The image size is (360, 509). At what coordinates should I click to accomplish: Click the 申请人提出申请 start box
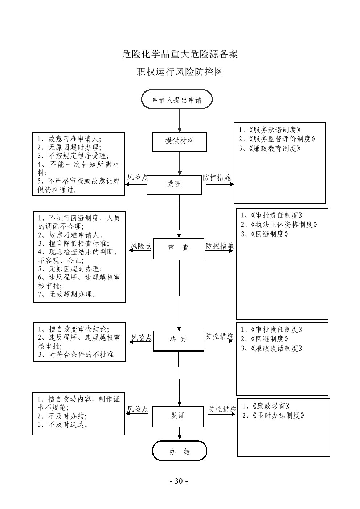pyautogui.click(x=177, y=100)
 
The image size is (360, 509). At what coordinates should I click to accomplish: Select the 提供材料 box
pyautogui.click(x=179, y=141)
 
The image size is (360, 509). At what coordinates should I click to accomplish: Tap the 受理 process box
pyautogui.click(x=174, y=184)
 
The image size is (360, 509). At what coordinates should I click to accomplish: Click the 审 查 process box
pyautogui.click(x=178, y=248)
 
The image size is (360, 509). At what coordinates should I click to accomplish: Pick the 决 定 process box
pyautogui.click(x=178, y=340)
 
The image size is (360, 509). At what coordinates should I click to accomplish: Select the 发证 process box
pyautogui.click(x=177, y=416)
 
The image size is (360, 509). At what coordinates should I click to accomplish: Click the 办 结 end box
pyautogui.click(x=179, y=452)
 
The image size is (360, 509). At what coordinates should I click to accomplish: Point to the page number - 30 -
pyautogui.click(x=179, y=481)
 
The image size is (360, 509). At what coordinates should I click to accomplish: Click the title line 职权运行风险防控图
pyautogui.click(x=180, y=72)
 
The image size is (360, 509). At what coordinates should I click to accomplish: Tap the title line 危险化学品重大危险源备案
pyautogui.click(x=180, y=54)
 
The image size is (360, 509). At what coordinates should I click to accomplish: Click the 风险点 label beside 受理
pyautogui.click(x=137, y=178)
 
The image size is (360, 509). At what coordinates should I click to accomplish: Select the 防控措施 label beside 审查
pyautogui.click(x=219, y=246)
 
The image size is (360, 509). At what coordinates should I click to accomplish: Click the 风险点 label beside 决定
pyautogui.click(x=141, y=338)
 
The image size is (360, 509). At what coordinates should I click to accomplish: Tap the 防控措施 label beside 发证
pyautogui.click(x=222, y=410)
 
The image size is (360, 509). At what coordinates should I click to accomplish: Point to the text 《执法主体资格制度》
pyautogui.click(x=284, y=225)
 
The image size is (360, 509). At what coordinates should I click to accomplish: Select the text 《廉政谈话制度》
pyautogui.click(x=277, y=348)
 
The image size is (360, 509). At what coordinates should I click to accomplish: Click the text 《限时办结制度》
pyautogui.click(x=278, y=415)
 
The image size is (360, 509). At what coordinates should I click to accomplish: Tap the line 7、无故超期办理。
pyautogui.click(x=67, y=294)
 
